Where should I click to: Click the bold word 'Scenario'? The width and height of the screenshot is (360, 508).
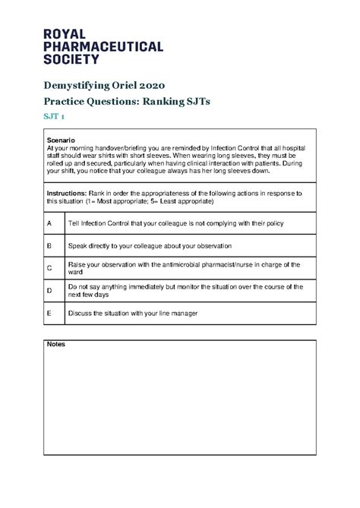(61, 140)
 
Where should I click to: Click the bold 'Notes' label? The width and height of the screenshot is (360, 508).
(56, 344)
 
